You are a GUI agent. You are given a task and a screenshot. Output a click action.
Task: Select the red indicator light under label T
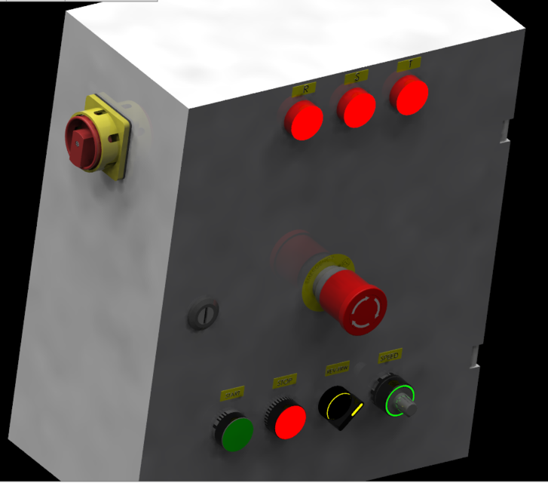click(x=410, y=96)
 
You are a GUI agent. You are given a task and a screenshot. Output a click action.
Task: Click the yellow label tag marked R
click(x=305, y=90)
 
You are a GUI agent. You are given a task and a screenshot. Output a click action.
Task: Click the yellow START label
click(x=232, y=395)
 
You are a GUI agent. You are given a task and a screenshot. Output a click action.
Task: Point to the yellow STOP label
click(x=285, y=383)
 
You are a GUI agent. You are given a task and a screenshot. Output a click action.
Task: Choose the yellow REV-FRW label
click(x=337, y=369)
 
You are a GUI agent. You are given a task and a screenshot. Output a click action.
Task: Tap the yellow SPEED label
click(x=390, y=355)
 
